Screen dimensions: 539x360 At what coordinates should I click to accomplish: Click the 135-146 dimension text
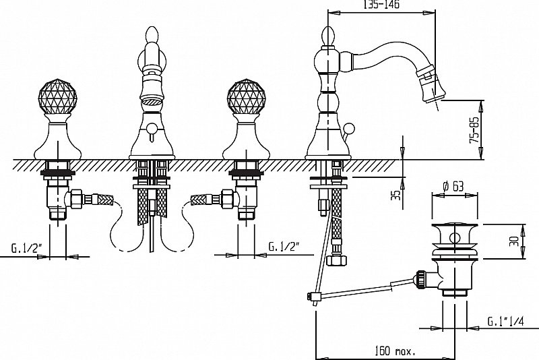pyautogui.click(x=381, y=5)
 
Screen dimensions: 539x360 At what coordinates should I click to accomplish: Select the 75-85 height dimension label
pyautogui.click(x=474, y=130)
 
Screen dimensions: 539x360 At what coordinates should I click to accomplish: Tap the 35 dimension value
pyautogui.click(x=397, y=196)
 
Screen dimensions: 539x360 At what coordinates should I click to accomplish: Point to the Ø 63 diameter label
pyautogui.click(x=453, y=187)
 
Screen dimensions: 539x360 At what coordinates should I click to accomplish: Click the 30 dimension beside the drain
pyautogui.click(x=514, y=241)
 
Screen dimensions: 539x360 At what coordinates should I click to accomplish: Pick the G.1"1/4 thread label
pyautogui.click(x=506, y=322)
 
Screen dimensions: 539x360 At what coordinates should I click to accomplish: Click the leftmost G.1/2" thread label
pyautogui.click(x=27, y=248)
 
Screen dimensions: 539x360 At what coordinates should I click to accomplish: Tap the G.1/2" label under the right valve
pyautogui.click(x=284, y=246)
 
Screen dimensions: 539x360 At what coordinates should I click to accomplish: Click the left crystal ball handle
pyautogui.click(x=57, y=96)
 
